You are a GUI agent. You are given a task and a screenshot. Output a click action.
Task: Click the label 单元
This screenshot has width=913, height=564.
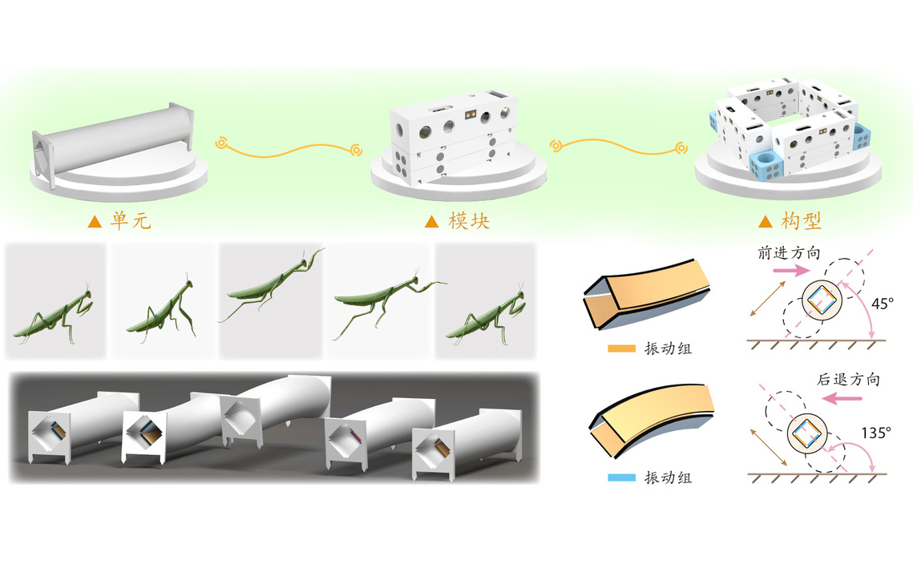[131, 220]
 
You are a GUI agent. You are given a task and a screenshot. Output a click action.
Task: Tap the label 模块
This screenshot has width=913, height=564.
[469, 220]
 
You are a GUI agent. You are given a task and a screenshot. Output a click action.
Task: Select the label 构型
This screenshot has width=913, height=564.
[802, 220]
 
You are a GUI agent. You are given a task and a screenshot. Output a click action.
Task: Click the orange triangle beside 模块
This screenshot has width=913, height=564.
[431, 221]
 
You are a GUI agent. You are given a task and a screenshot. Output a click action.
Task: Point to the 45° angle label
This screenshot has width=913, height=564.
[882, 304]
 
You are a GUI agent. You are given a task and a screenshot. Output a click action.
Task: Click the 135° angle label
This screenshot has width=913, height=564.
[876, 433]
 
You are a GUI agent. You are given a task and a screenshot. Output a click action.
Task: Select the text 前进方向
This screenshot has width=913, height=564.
[789, 252]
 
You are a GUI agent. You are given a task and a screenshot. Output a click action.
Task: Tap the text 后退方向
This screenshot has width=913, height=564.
[848, 380]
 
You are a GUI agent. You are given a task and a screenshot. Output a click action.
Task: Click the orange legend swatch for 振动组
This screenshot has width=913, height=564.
[621, 348]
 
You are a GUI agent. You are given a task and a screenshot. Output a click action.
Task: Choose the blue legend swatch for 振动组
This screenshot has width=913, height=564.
[621, 477]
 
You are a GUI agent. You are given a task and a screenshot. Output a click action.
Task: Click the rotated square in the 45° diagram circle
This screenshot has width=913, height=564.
[822, 301]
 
